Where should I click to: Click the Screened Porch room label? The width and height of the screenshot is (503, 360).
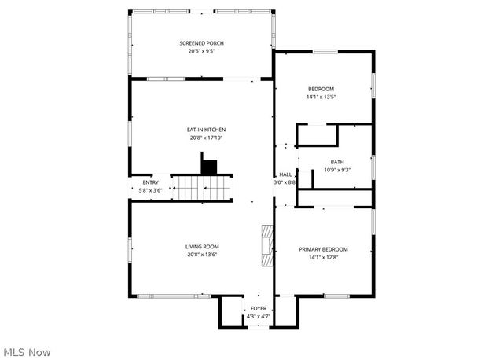(x=202, y=42)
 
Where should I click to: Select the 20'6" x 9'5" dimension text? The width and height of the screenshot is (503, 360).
(x=202, y=51)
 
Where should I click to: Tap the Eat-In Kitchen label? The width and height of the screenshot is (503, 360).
(x=207, y=129)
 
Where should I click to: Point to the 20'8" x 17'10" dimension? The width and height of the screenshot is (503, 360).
(x=207, y=138)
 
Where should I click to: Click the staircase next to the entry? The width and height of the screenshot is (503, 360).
(x=204, y=188)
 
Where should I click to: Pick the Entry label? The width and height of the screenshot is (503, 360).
(x=149, y=182)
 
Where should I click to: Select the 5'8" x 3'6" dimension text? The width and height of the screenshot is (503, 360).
(x=149, y=190)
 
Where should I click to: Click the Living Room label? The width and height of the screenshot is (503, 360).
(x=202, y=247)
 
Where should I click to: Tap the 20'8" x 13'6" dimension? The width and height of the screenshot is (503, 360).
(x=202, y=255)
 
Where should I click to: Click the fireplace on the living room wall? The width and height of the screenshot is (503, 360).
(x=267, y=248)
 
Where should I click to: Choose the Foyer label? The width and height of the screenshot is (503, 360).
(x=259, y=309)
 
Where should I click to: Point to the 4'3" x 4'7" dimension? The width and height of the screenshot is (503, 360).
(x=259, y=317)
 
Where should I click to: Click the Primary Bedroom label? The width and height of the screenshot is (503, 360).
(x=323, y=249)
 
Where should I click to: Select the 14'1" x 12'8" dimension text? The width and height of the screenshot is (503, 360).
(x=323, y=257)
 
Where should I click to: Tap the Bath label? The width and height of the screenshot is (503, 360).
(x=337, y=162)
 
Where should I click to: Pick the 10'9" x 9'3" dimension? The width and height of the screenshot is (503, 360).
(x=337, y=170)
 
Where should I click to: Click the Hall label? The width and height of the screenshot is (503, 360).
(x=285, y=174)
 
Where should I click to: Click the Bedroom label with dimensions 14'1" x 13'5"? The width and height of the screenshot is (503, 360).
(x=321, y=89)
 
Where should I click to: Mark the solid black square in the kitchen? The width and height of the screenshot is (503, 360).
(x=209, y=167)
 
